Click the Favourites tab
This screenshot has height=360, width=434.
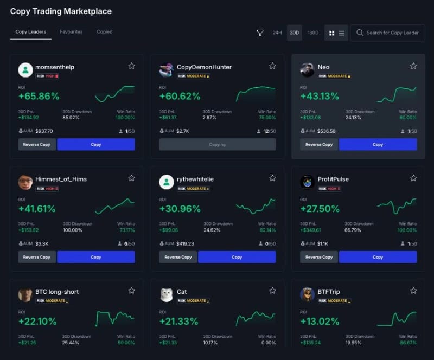coord(71,32)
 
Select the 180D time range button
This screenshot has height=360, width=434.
coord(313,33)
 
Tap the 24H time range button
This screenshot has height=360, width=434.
coord(277,33)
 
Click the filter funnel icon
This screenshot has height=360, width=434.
coord(260,33)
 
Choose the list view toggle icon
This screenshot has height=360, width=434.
coord(341,33)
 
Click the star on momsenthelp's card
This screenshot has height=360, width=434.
coord(131,66)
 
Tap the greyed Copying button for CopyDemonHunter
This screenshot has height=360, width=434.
coord(217,145)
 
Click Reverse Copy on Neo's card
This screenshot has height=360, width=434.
coord(318,145)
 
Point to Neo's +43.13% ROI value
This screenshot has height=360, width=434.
coord(320,97)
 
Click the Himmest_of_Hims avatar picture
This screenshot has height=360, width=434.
coord(25,182)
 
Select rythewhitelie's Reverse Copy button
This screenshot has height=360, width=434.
coord(178,257)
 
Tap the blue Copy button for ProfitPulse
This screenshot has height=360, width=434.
coord(378,257)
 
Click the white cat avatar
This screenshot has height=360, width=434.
coord(167,294)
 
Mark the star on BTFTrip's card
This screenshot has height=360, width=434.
coord(413,291)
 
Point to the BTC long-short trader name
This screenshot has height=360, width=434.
coord(57,292)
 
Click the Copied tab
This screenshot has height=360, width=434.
coord(105,32)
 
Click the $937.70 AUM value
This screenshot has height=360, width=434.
coord(44,131)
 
